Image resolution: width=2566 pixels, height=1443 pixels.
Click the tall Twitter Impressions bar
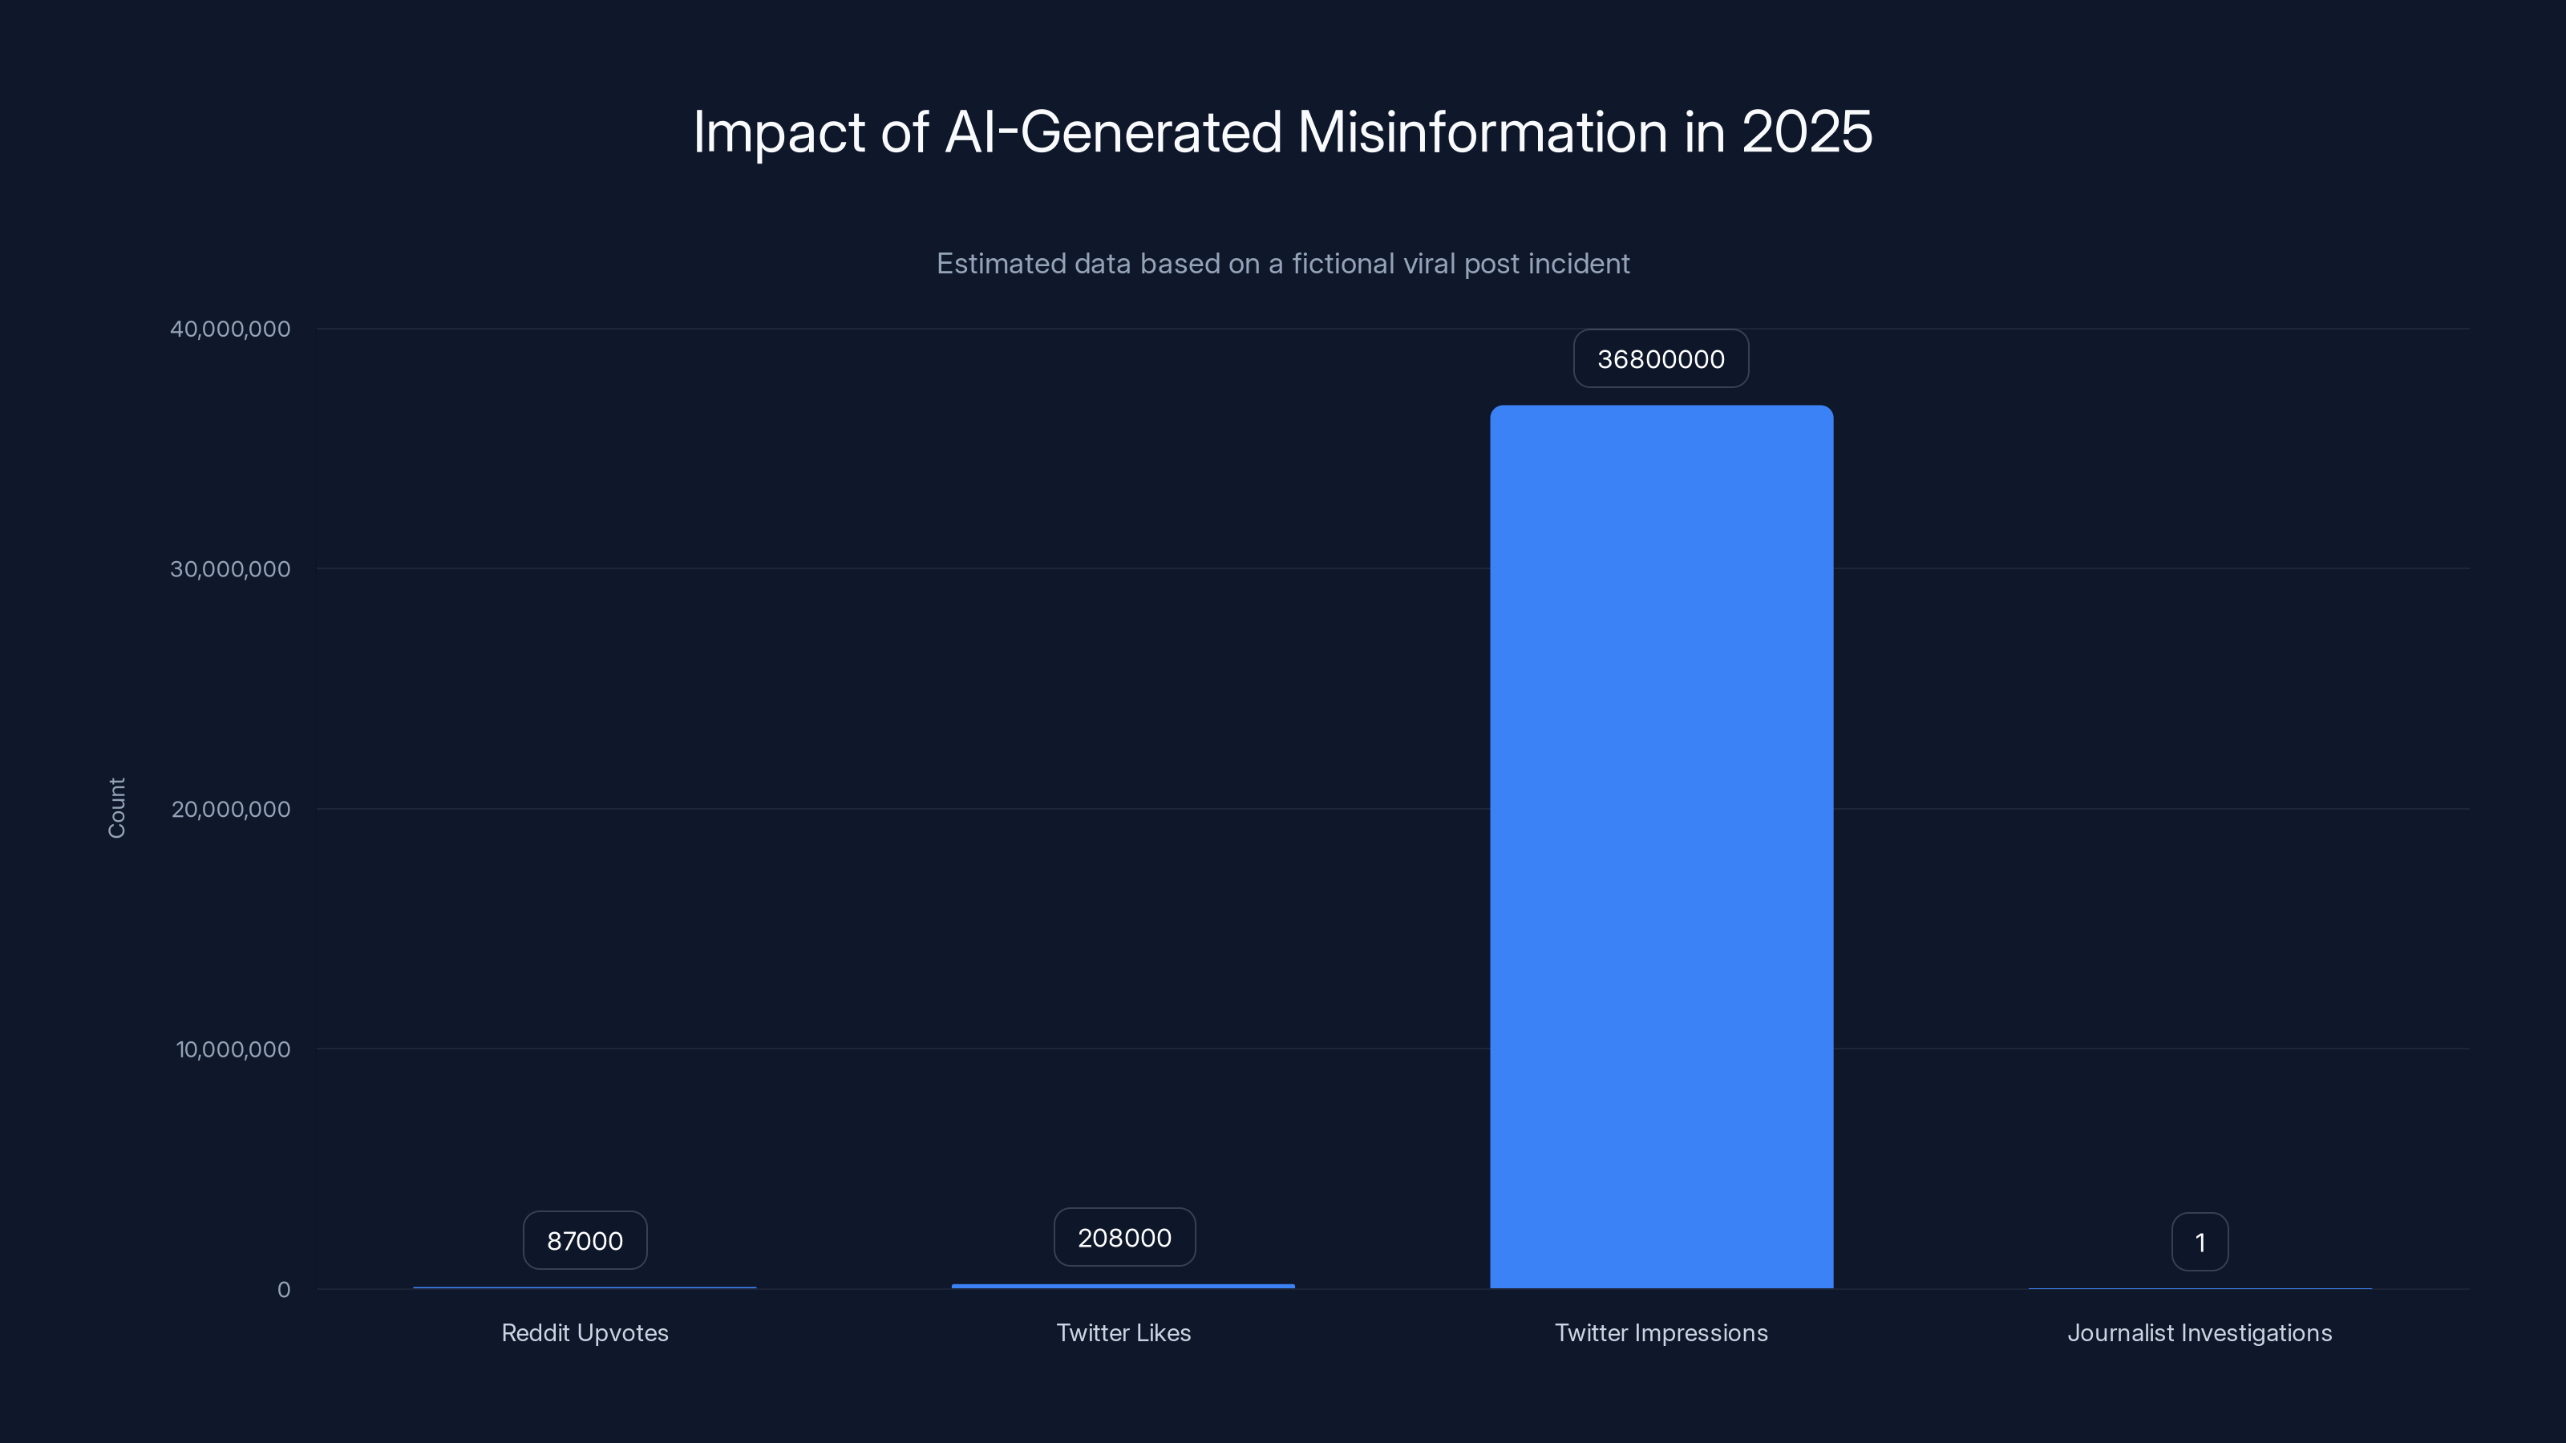[x=1661, y=847]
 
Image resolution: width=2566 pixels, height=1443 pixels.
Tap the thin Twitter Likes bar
[x=1123, y=1286]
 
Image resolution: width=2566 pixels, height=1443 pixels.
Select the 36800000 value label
[x=1661, y=358]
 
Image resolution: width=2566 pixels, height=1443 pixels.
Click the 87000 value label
[x=585, y=1241]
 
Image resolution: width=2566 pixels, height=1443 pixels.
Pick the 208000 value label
[x=1123, y=1238]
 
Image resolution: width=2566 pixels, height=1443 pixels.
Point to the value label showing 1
[x=2200, y=1242]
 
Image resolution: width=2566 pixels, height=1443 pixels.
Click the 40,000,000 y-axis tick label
[x=230, y=329]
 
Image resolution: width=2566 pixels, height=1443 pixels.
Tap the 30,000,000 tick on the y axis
[x=230, y=568]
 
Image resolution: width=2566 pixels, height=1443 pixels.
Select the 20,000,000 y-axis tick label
[x=230, y=809]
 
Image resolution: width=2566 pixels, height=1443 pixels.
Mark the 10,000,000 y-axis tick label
[x=233, y=1049]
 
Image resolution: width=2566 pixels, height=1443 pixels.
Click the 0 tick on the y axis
[x=284, y=1290]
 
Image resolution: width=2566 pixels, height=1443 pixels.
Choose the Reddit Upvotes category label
[x=585, y=1332]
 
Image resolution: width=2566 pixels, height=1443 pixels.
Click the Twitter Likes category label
[x=1123, y=1332]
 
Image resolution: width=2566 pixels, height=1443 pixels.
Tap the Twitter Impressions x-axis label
[x=1661, y=1332]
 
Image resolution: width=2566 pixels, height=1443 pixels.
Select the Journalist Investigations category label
[x=2200, y=1332]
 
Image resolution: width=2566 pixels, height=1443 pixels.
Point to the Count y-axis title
[x=116, y=807]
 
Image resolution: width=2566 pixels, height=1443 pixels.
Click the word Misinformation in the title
[x=1482, y=131]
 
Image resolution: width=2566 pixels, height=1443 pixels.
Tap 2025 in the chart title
[x=1806, y=131]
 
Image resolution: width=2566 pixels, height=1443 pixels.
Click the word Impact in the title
[x=778, y=131]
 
